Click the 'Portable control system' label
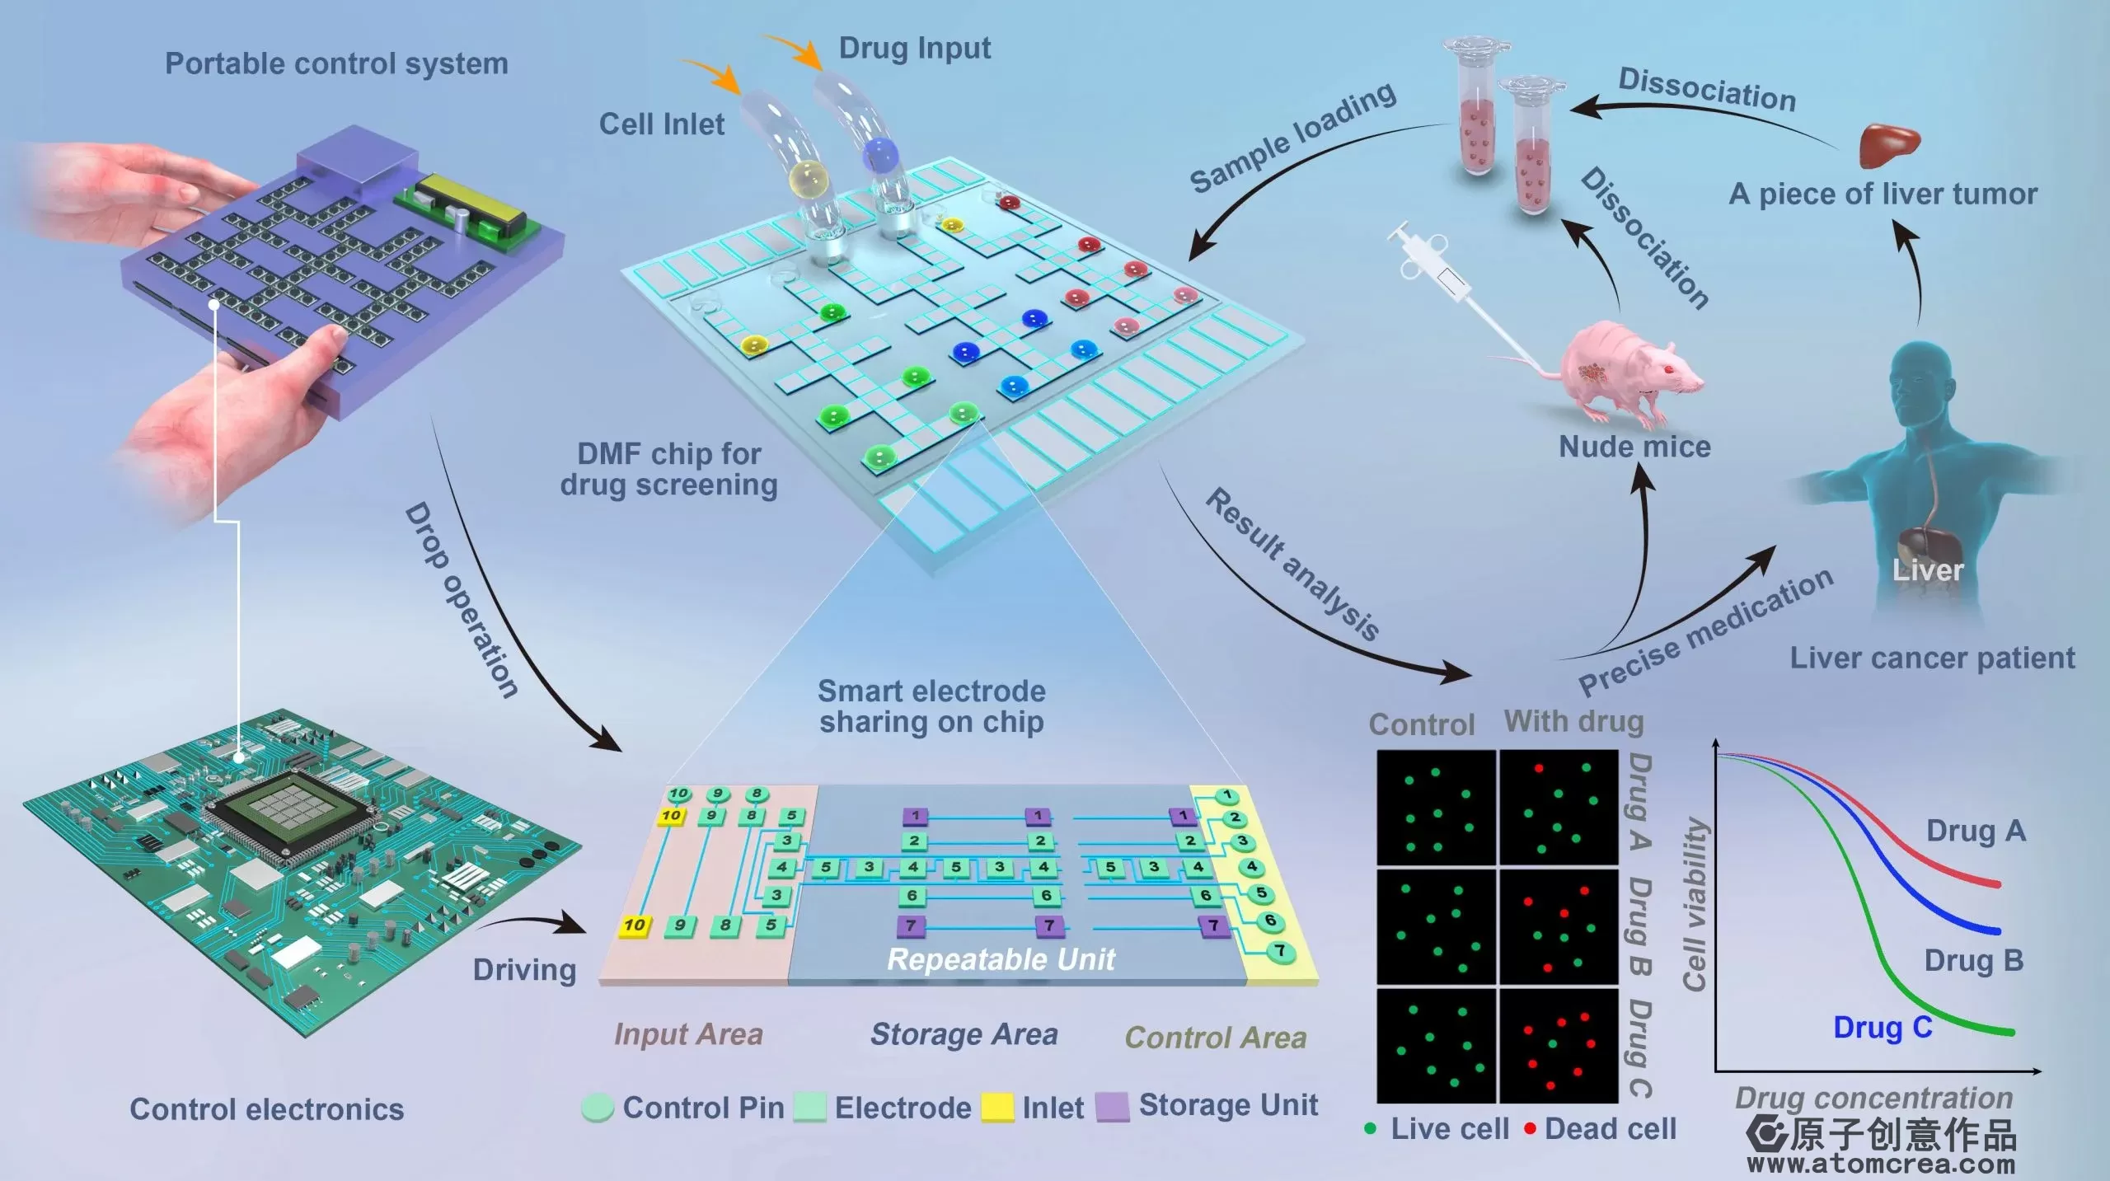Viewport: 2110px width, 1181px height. (x=336, y=63)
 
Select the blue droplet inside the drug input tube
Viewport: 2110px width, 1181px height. (x=879, y=154)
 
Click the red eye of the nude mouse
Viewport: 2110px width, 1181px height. (x=1666, y=368)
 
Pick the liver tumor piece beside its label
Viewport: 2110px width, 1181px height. (x=1887, y=143)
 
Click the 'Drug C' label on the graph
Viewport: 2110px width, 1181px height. (x=1883, y=1028)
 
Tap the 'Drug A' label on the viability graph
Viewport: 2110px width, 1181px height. (x=1975, y=831)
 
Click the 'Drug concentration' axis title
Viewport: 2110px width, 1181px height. (x=1873, y=1098)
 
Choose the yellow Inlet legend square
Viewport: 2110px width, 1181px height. (x=997, y=1108)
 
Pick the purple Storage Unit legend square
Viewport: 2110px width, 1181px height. (x=1112, y=1107)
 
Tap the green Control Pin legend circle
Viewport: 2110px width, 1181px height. (x=598, y=1108)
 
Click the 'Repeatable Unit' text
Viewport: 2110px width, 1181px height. (x=1001, y=959)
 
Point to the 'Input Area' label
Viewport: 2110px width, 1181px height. (x=688, y=1033)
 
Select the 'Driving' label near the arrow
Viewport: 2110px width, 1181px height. (x=524, y=969)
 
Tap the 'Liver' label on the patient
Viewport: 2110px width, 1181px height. (x=1927, y=569)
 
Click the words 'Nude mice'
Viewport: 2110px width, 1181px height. (x=1634, y=447)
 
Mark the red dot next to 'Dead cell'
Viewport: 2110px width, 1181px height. (x=1530, y=1129)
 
